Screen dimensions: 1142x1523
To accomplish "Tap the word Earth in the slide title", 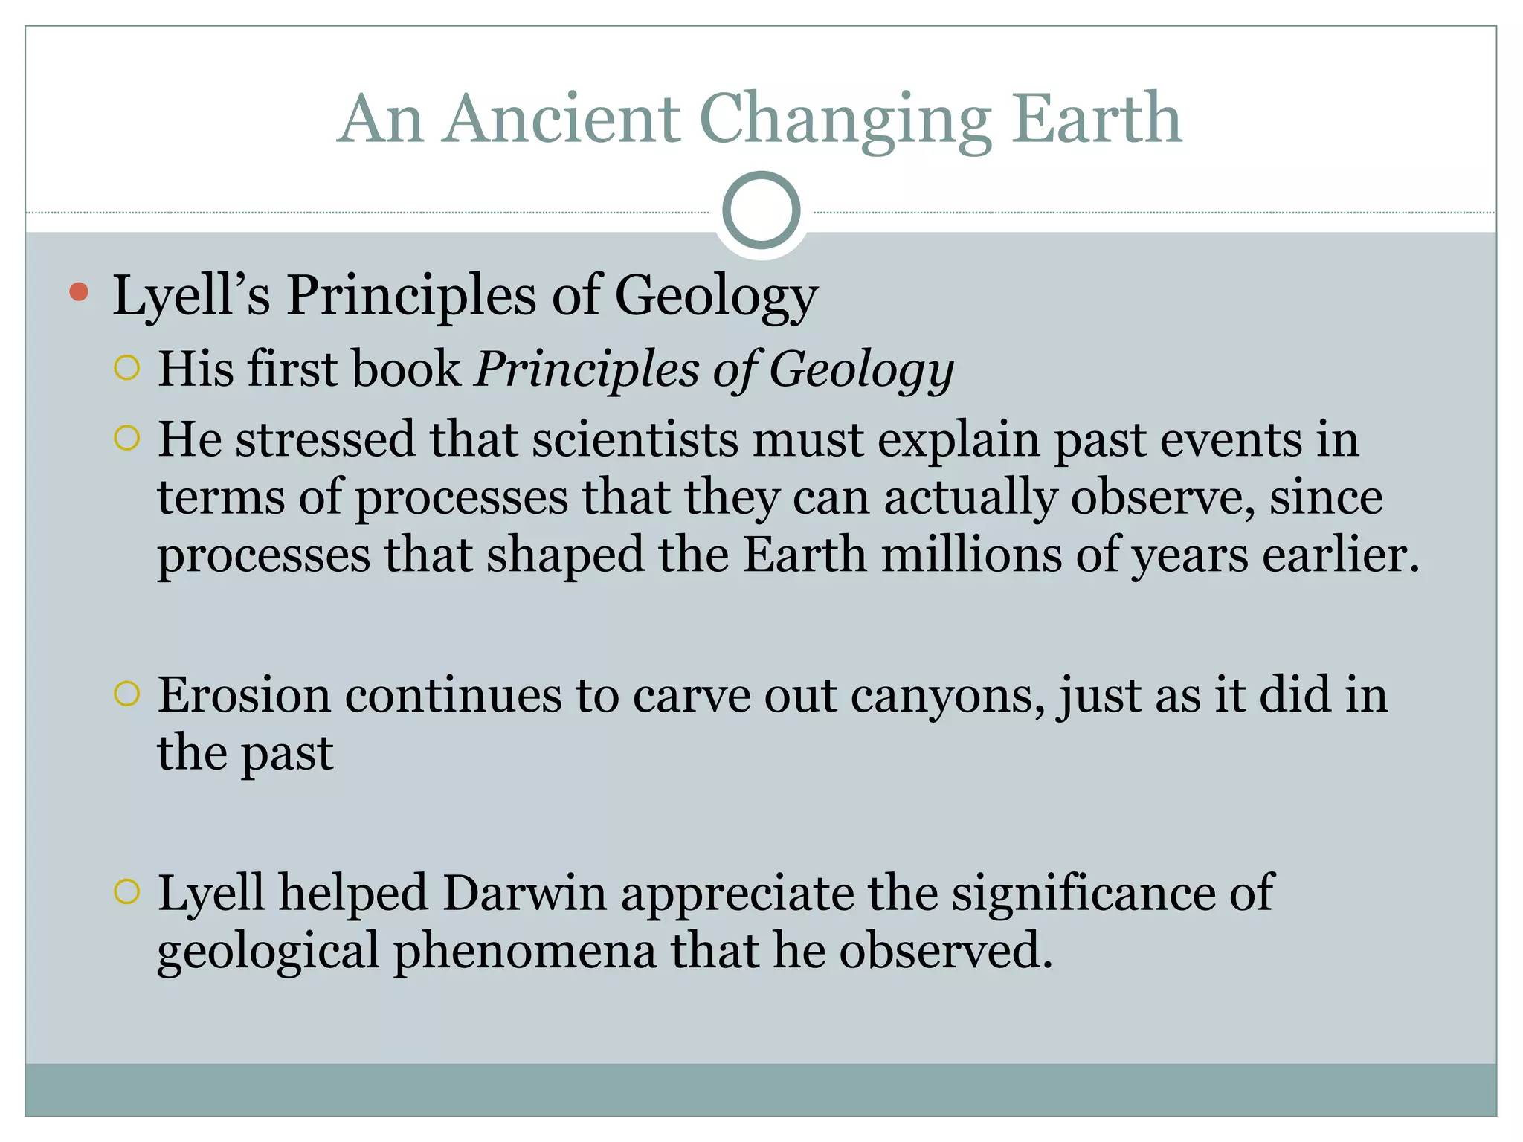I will pos(1096,119).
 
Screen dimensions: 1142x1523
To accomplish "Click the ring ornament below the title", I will pos(761,210).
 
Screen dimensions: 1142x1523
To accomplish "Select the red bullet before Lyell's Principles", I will pos(78,292).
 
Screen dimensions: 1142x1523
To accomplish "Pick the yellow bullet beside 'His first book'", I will pos(127,368).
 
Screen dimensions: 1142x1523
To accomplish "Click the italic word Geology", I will pos(861,370).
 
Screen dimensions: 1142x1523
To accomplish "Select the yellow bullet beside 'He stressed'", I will pos(127,439).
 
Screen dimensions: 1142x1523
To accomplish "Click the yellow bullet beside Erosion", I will pos(127,694).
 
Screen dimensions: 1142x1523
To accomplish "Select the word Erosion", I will pos(244,695).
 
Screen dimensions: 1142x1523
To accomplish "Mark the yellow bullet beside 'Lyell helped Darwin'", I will pos(127,891).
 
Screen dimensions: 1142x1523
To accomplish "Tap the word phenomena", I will pos(525,951).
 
